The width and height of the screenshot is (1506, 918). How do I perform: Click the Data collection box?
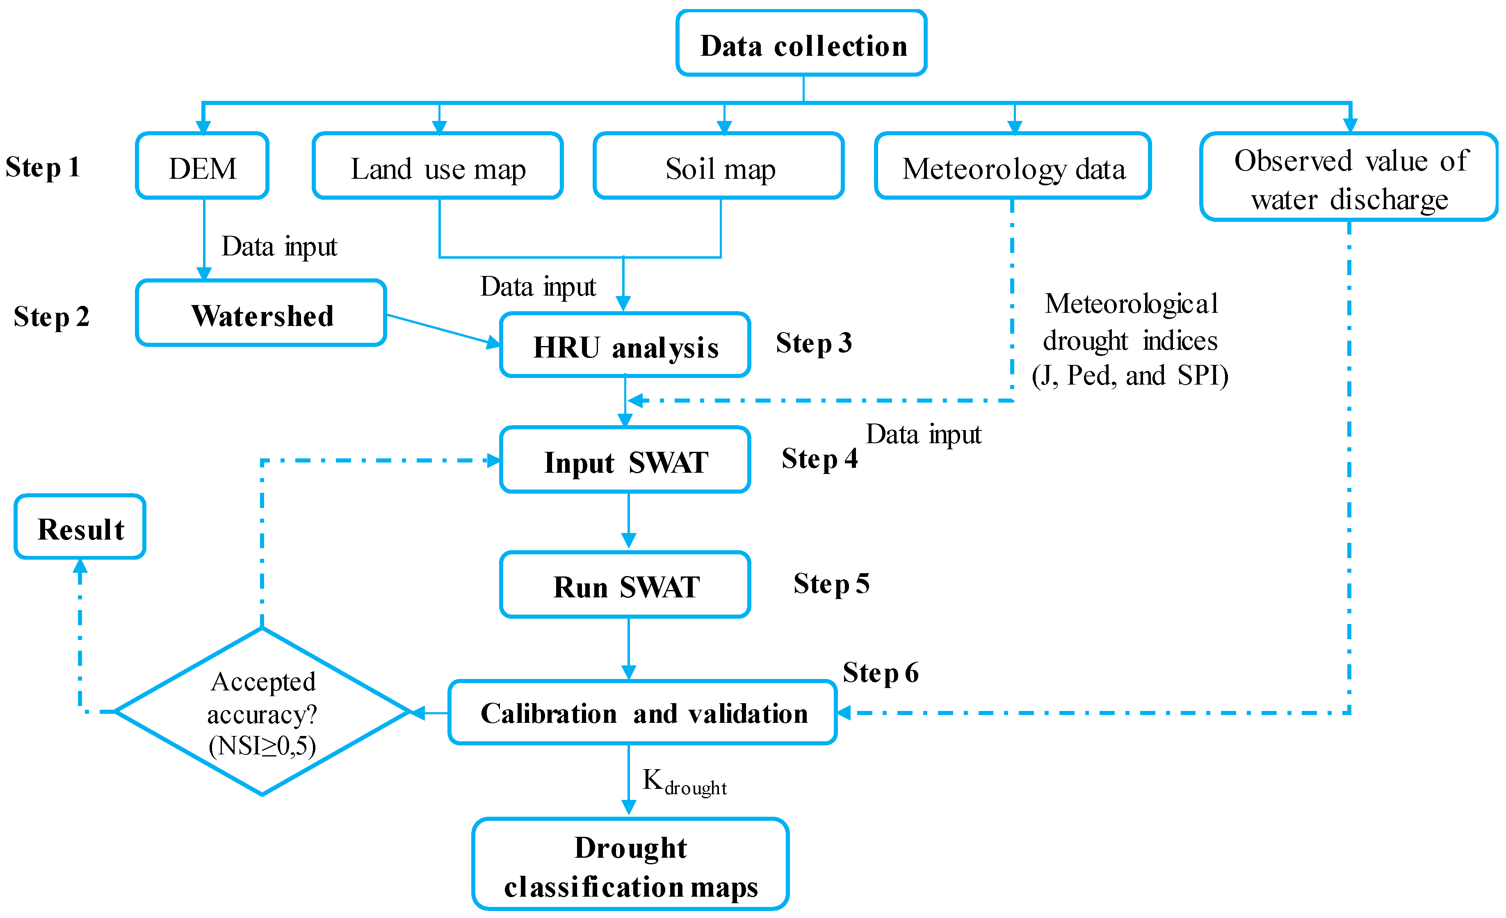[801, 44]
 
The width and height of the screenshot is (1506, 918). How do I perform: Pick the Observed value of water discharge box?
[1349, 178]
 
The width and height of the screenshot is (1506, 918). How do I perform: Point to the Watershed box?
[262, 314]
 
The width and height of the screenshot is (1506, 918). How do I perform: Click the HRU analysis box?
[625, 346]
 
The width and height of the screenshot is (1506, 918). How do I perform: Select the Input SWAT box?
[625, 460]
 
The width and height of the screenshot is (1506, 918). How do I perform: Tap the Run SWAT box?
[625, 585]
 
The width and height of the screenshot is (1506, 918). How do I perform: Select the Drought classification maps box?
[630, 865]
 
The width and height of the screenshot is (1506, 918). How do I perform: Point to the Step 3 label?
[814, 343]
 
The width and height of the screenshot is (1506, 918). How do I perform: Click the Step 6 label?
[880, 672]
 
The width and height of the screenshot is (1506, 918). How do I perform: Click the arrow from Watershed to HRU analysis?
[443, 329]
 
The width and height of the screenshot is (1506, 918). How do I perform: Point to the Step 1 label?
[43, 167]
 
